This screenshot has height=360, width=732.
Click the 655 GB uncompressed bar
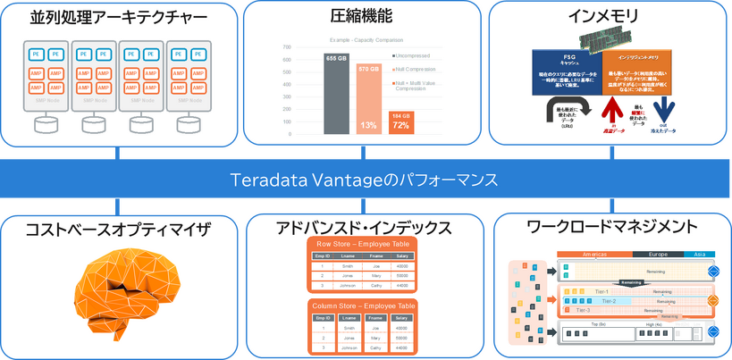pyautogui.click(x=336, y=93)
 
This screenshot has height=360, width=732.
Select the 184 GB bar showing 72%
pyautogui.click(x=400, y=120)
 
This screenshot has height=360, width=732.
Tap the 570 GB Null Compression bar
pyautogui.click(x=368, y=98)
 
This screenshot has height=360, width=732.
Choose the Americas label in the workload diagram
pyautogui.click(x=593, y=255)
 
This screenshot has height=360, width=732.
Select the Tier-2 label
pyautogui.click(x=608, y=301)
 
